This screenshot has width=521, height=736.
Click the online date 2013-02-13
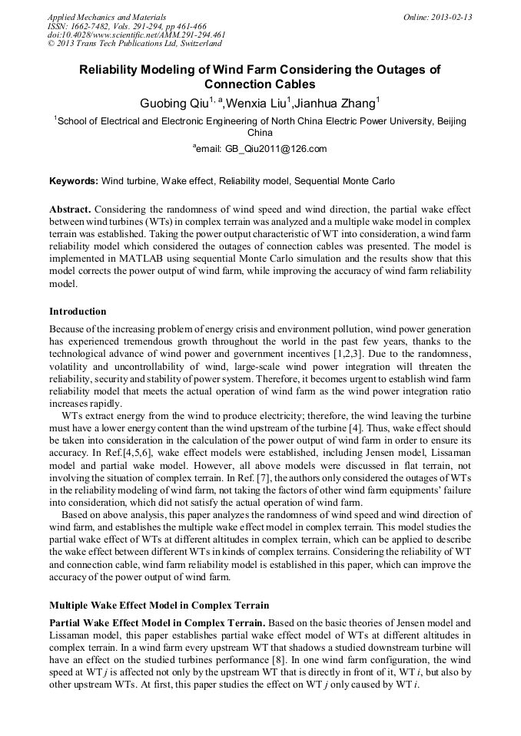coord(453,17)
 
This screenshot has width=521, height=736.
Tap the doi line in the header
coord(136,35)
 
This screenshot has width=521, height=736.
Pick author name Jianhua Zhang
coord(336,103)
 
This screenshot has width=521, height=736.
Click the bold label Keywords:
coord(74,182)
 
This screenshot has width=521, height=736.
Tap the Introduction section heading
coord(78,312)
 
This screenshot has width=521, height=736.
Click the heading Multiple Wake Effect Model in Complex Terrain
coord(159,604)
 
